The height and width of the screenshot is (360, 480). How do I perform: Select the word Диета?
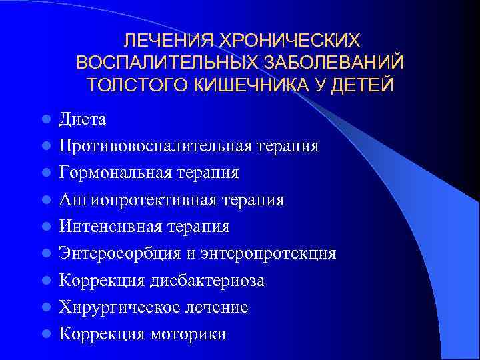83,119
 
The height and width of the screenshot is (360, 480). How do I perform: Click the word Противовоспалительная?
154,146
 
